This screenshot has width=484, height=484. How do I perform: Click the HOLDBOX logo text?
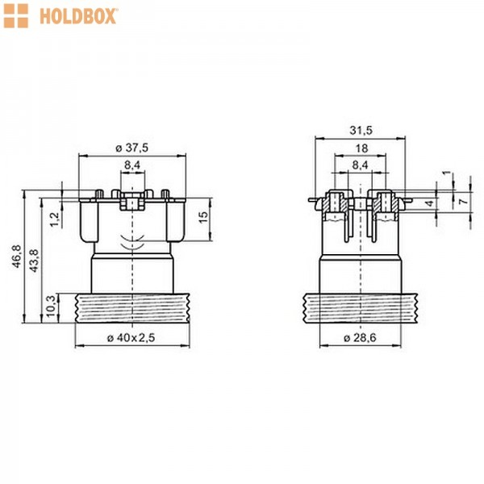(x=79, y=17)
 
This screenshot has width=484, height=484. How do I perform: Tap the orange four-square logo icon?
(x=16, y=16)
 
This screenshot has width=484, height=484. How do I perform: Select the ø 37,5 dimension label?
(x=131, y=148)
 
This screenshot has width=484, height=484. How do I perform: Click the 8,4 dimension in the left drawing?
(x=132, y=165)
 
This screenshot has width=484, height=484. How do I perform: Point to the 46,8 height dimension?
(x=16, y=257)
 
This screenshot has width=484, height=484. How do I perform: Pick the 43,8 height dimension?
(x=34, y=261)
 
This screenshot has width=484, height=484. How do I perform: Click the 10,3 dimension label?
(x=51, y=307)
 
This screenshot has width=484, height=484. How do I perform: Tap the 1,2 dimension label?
(x=55, y=219)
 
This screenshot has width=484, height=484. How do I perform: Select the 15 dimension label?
(x=203, y=217)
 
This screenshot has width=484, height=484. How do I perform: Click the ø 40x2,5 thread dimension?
(x=131, y=338)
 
